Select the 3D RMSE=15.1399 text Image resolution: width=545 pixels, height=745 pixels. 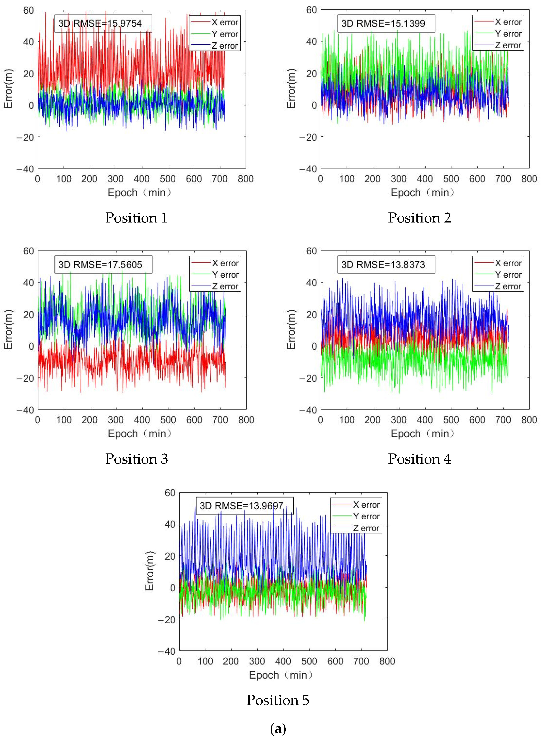pos(386,24)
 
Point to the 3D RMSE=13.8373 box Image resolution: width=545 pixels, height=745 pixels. pos(386,265)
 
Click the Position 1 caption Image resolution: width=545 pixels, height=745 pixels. pos(136,218)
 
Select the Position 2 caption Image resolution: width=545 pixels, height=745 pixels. pos(419,218)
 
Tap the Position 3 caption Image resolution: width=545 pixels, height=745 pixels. pos(136,459)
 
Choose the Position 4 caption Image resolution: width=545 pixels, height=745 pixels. pos(419,459)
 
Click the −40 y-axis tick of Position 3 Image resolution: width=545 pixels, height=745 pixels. pos(26,410)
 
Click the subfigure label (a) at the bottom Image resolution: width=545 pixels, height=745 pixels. pos(278,729)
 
